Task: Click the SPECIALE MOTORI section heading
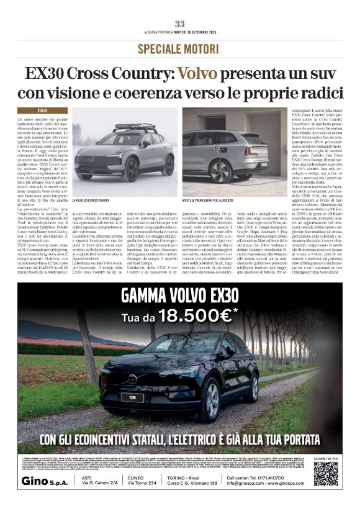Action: point(179,48)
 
